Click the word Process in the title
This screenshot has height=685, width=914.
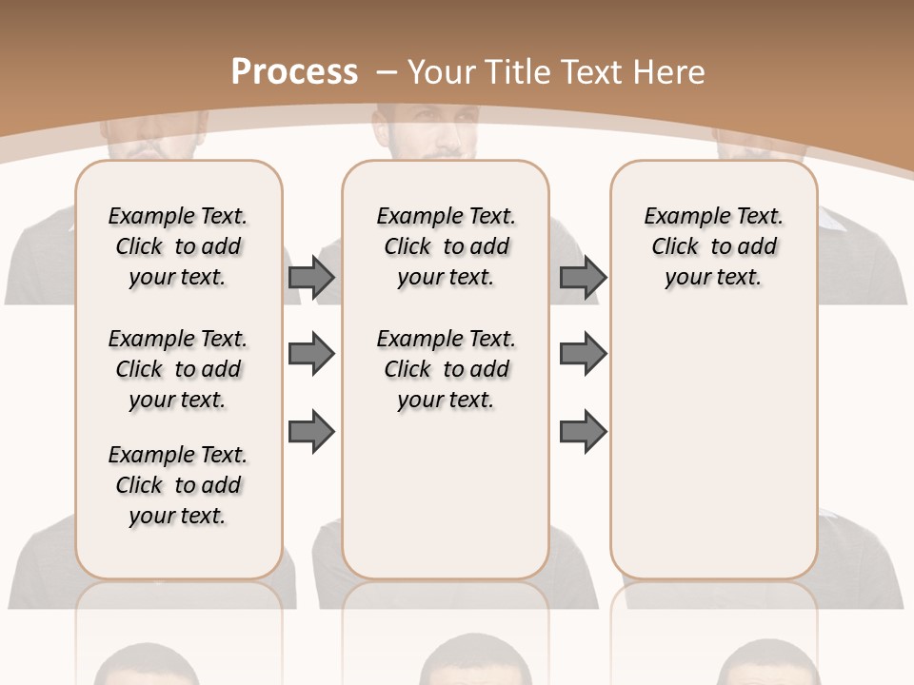(294, 72)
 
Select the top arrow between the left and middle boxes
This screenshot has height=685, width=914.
(311, 277)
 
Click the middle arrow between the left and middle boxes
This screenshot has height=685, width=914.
(311, 354)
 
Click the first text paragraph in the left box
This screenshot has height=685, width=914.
(178, 246)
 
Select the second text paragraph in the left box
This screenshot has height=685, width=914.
(178, 369)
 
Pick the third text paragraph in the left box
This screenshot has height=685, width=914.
(178, 485)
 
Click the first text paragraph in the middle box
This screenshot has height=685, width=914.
(447, 246)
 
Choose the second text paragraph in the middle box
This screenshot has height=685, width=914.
(447, 369)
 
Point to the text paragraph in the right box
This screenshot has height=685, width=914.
(714, 246)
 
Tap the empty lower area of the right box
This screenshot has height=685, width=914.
(714, 447)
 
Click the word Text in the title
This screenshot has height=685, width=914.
(590, 72)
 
